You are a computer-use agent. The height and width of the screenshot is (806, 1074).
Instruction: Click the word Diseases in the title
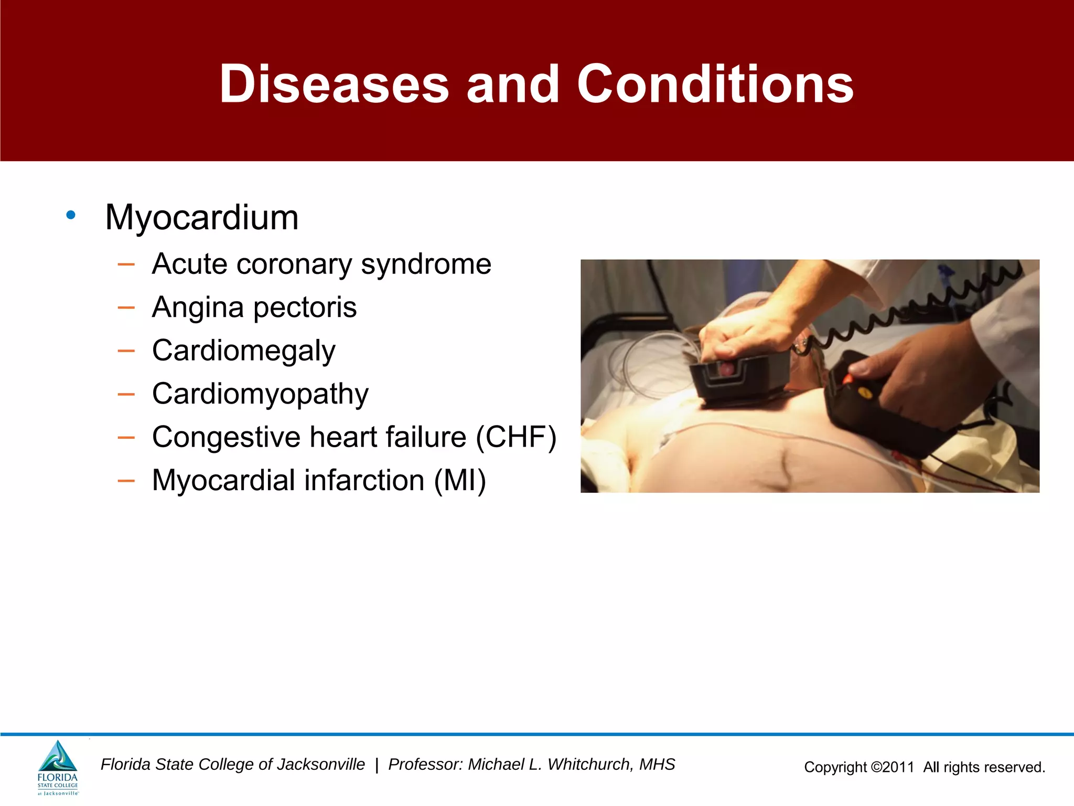tap(334, 84)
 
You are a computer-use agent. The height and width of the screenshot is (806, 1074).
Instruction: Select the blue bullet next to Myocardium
tap(71, 215)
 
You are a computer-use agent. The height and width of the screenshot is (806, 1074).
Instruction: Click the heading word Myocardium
tap(202, 217)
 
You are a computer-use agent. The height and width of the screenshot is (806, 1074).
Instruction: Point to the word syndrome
tap(426, 264)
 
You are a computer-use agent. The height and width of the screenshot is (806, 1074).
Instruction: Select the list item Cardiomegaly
tap(243, 351)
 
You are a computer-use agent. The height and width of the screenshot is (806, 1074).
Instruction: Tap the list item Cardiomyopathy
tap(260, 394)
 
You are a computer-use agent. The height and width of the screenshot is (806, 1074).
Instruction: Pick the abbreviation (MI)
tap(460, 480)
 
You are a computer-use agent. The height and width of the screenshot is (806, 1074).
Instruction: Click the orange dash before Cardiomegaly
tap(126, 351)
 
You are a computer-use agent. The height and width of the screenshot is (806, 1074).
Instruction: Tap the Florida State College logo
tap(58, 767)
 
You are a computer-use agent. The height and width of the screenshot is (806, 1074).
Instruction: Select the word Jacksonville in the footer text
tap(320, 765)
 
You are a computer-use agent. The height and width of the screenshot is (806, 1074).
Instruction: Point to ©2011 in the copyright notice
tap(892, 767)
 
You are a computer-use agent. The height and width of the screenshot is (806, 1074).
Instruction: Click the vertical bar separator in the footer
tap(377, 765)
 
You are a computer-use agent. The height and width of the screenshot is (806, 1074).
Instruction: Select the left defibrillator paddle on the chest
tap(739, 378)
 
